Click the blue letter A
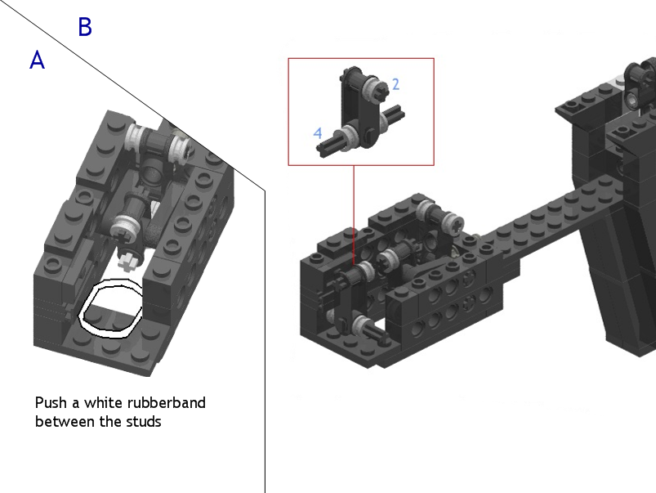[38, 60]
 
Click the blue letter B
[85, 27]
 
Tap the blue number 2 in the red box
[395, 84]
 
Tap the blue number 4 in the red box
[318, 133]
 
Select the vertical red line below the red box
[354, 215]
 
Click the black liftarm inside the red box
[360, 110]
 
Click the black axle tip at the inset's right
[395, 112]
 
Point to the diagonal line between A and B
[132, 96]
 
